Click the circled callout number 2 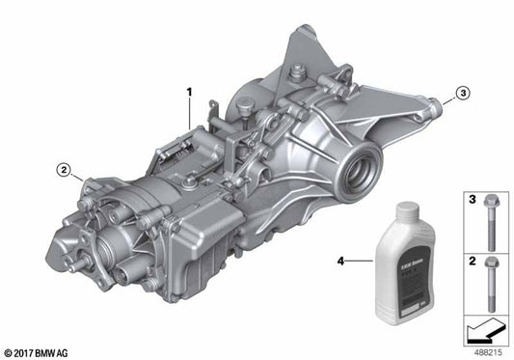(x=64, y=171)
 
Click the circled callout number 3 (x=463, y=93)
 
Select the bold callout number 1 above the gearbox (x=190, y=93)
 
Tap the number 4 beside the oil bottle (x=339, y=260)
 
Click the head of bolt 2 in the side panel (x=491, y=263)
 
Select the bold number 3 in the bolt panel (x=472, y=199)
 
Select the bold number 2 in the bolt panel (x=472, y=261)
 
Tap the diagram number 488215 (x=488, y=352)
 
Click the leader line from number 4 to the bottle (x=362, y=260)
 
